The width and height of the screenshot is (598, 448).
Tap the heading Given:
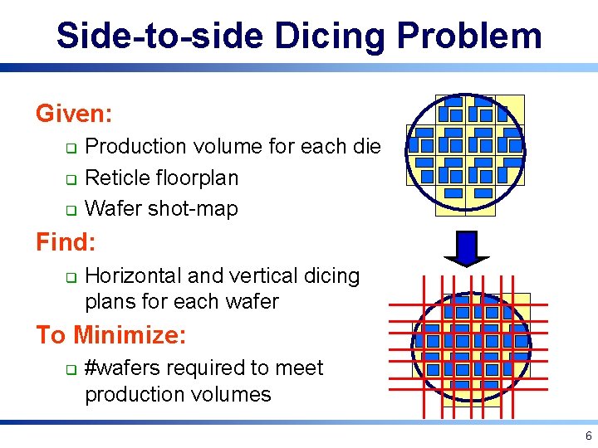tap(74, 113)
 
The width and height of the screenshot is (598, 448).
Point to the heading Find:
tap(66, 242)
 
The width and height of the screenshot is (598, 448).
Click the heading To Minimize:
tap(110, 335)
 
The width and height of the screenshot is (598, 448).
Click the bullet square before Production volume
tap(71, 149)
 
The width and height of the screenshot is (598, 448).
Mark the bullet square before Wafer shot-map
tap(71, 211)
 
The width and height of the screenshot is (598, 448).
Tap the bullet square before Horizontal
tap(71, 277)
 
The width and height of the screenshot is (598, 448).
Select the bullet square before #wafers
tap(71, 369)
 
